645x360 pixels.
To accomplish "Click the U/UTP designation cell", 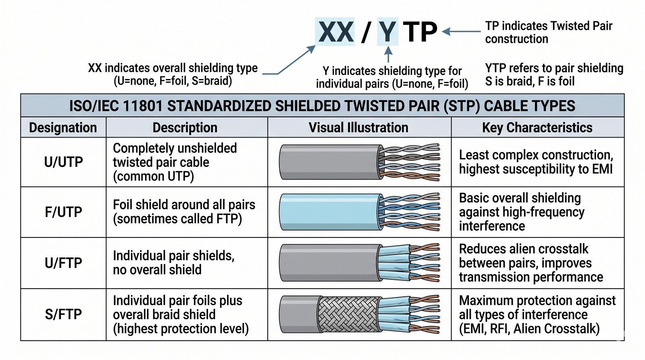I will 63,162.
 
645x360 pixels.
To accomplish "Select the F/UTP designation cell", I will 63,212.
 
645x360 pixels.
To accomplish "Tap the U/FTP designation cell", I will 63,263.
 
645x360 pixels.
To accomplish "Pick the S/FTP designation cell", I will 63,314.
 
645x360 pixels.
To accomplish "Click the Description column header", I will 185,127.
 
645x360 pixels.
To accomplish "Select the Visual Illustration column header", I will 358,127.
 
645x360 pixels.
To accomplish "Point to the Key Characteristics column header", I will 537,127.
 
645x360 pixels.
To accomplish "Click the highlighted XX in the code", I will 336,31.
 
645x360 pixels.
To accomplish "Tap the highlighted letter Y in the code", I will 387,31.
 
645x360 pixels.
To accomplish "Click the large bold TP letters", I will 420,31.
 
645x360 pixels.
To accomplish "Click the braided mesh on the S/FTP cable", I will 348,314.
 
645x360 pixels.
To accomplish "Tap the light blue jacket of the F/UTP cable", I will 331,212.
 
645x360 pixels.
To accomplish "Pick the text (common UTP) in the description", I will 153,176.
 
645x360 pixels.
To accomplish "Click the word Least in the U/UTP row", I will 474,155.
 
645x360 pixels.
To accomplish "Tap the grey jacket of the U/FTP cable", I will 329,263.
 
